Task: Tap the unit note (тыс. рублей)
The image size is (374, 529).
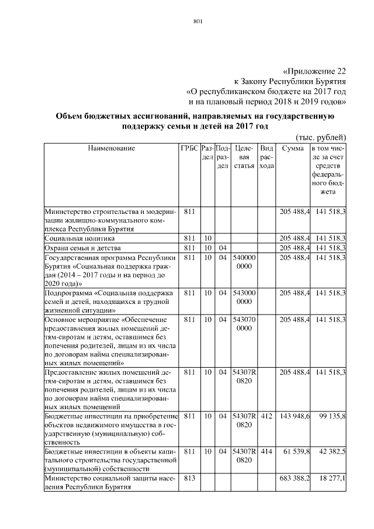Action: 321,137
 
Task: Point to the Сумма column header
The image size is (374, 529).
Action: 292,148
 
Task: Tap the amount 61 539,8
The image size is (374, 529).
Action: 296,452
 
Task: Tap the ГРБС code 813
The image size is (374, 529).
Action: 189,479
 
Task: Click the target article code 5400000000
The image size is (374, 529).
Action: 244,261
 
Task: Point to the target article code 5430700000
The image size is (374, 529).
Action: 244,324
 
